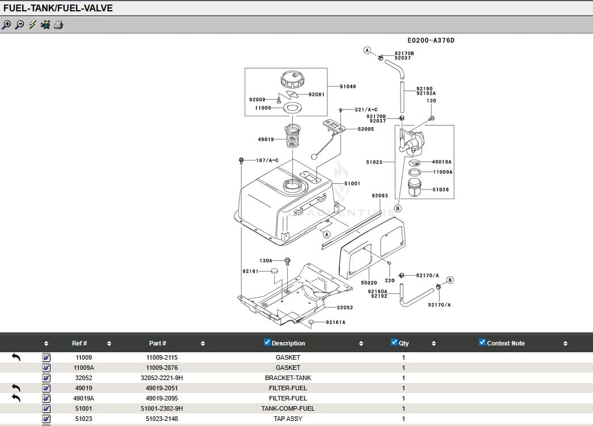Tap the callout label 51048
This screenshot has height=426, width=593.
[348, 87]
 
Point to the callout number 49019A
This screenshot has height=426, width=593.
[441, 162]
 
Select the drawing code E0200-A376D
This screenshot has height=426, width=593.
[431, 41]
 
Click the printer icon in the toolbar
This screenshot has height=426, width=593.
[58, 25]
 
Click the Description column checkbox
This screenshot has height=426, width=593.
[267, 342]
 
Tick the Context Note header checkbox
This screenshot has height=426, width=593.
[482, 342]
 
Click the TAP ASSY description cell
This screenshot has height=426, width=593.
[288, 419]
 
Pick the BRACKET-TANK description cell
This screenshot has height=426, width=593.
[288, 378]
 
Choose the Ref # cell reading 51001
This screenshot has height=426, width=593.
[83, 408]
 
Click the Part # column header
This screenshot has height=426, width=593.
[158, 343]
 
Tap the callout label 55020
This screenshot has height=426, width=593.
[369, 282]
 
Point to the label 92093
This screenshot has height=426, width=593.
[380, 196]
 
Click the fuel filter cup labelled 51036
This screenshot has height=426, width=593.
[415, 188]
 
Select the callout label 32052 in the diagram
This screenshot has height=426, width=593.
[344, 307]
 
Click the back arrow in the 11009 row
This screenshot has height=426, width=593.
[16, 357]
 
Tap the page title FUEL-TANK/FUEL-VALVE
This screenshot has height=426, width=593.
[58, 8]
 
